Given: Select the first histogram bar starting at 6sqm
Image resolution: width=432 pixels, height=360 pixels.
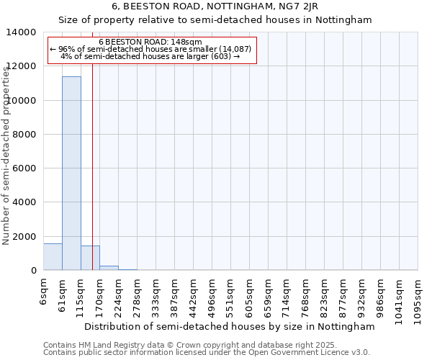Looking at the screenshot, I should point(53,257).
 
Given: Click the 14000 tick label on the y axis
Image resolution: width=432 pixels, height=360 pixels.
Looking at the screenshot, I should point(22,32).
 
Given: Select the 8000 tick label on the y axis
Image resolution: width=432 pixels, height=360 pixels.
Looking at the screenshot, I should point(24,135).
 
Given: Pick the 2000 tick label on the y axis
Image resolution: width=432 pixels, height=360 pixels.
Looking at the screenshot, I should point(24,237).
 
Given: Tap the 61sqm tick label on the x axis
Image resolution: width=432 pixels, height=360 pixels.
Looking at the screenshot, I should point(63,294).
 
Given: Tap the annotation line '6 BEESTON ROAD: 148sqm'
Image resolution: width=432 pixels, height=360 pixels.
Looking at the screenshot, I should point(150,42).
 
